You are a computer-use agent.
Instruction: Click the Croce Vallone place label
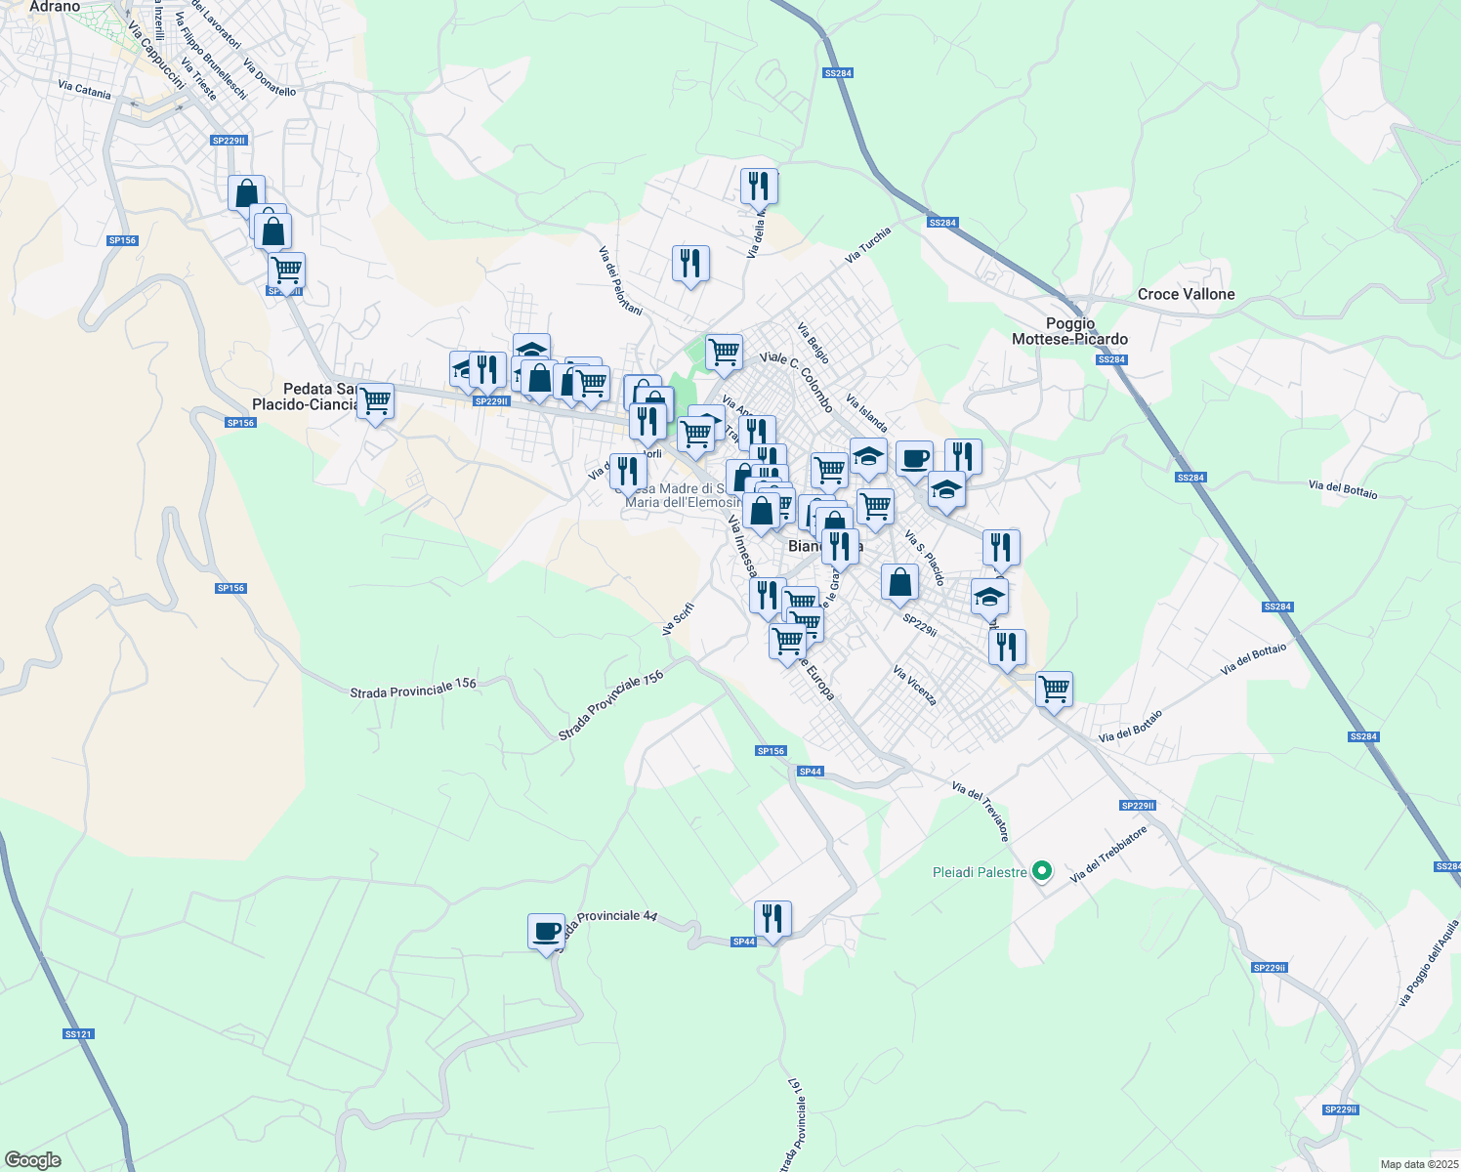pyautogui.click(x=1186, y=294)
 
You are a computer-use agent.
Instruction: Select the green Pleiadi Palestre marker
pyautogui.click(x=1042, y=870)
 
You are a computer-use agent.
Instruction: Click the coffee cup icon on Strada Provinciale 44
pyautogui.click(x=546, y=931)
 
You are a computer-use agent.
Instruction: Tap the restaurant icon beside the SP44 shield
pyautogui.click(x=772, y=918)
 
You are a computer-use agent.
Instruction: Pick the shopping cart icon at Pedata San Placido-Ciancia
pyautogui.click(x=375, y=400)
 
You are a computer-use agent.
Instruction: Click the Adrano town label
pyautogui.click(x=55, y=7)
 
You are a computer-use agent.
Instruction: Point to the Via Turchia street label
pyautogui.click(x=868, y=245)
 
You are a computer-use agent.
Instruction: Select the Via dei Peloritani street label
pyautogui.click(x=620, y=280)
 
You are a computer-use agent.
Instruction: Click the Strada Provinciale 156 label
pyautogui.click(x=413, y=688)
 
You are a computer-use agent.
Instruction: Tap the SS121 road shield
pyautogui.click(x=78, y=1033)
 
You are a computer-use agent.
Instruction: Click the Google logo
pyautogui.click(x=33, y=1160)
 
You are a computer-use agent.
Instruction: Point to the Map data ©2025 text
pyautogui.click(x=1418, y=1164)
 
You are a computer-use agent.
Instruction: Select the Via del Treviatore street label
pyautogui.click(x=980, y=811)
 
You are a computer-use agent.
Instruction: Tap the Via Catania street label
pyautogui.click(x=85, y=90)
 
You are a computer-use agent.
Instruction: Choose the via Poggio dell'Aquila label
pyautogui.click(x=1430, y=962)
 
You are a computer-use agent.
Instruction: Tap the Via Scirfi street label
pyautogui.click(x=678, y=619)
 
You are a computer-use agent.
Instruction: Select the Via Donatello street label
pyautogui.click(x=270, y=79)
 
